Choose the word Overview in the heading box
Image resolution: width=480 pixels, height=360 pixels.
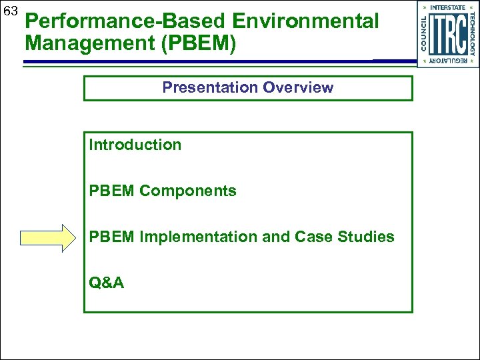[x=298, y=87]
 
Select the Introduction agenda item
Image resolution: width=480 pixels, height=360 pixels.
[x=135, y=145]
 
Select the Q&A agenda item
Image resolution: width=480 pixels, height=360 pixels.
[x=106, y=283]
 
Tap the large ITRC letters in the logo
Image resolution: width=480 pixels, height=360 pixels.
[x=447, y=34]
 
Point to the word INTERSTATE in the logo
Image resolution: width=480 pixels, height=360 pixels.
[x=448, y=7]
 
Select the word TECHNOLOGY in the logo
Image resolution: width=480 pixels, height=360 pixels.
[x=473, y=34]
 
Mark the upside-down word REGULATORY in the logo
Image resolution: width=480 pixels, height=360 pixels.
[x=448, y=61]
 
